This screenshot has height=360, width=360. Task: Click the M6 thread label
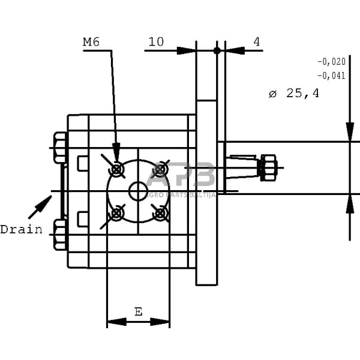point(91,42)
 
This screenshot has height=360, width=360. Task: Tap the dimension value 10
point(156,42)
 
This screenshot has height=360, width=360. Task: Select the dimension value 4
point(257,42)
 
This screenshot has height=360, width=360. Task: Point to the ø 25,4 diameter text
point(294,94)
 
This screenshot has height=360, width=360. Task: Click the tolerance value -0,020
point(331,61)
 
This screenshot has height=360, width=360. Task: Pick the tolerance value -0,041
point(331,76)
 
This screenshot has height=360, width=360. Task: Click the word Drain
point(21,229)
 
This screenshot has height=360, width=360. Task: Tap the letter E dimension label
point(138,311)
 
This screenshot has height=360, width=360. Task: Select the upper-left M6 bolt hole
point(118,170)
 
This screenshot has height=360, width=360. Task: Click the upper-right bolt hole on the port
point(159,170)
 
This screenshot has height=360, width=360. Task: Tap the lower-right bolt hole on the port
point(159,212)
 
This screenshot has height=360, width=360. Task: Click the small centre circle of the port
point(138,191)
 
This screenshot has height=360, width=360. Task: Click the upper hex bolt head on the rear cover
point(60,148)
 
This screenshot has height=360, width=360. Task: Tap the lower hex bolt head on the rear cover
point(60,235)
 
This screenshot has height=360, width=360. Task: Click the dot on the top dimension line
point(217,50)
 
